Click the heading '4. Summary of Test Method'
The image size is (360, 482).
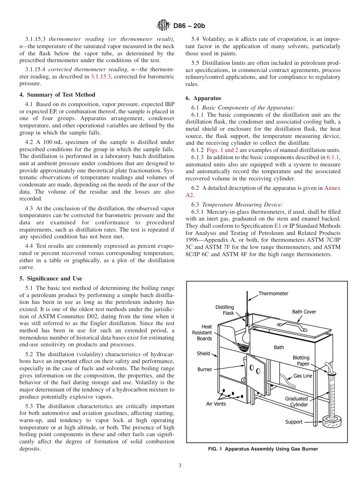pos(57,95)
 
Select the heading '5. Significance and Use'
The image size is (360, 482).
pos(50,279)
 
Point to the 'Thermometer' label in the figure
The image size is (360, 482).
pos(273,294)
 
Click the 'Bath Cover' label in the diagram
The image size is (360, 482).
pos(304,312)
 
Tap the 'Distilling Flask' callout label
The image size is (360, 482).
pos(225,310)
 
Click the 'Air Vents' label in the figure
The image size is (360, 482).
pos(216,404)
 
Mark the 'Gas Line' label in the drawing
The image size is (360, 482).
pos(303,376)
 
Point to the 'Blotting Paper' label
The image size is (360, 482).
pos(301,360)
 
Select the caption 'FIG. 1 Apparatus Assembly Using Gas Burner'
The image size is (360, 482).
pos(263,449)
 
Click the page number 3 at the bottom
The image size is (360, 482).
pos(180,466)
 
